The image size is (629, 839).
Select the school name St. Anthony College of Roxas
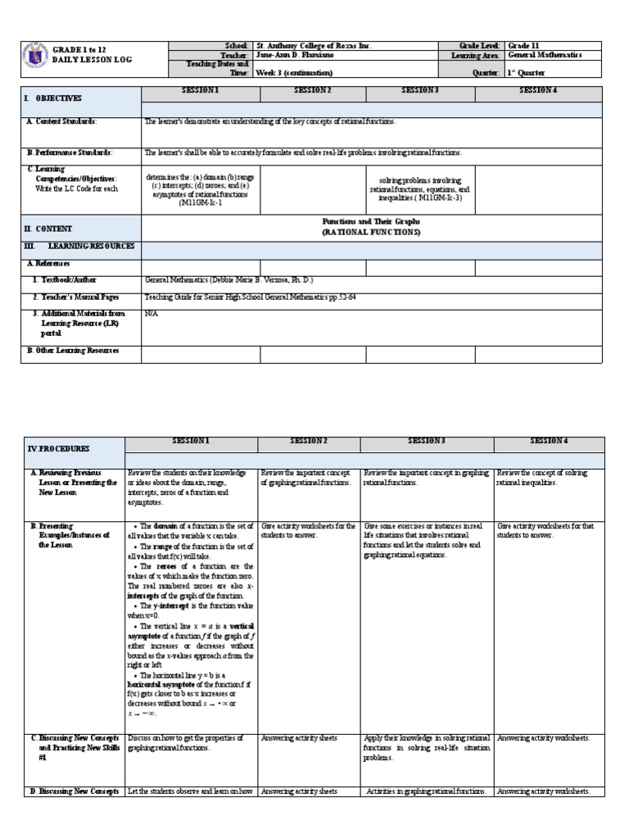point(314,46)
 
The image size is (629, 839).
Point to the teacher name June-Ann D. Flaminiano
point(296,55)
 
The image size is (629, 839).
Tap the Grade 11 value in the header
point(524,46)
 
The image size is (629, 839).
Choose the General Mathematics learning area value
point(545,55)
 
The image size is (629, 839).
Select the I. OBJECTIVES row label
point(53,98)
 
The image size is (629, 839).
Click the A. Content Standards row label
point(62,121)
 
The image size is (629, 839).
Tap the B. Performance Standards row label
point(70,152)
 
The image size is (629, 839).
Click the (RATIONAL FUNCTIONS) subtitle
point(371,232)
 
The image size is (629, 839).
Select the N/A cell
point(151,313)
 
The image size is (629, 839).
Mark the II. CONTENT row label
point(49,229)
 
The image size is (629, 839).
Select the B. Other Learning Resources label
point(73,351)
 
